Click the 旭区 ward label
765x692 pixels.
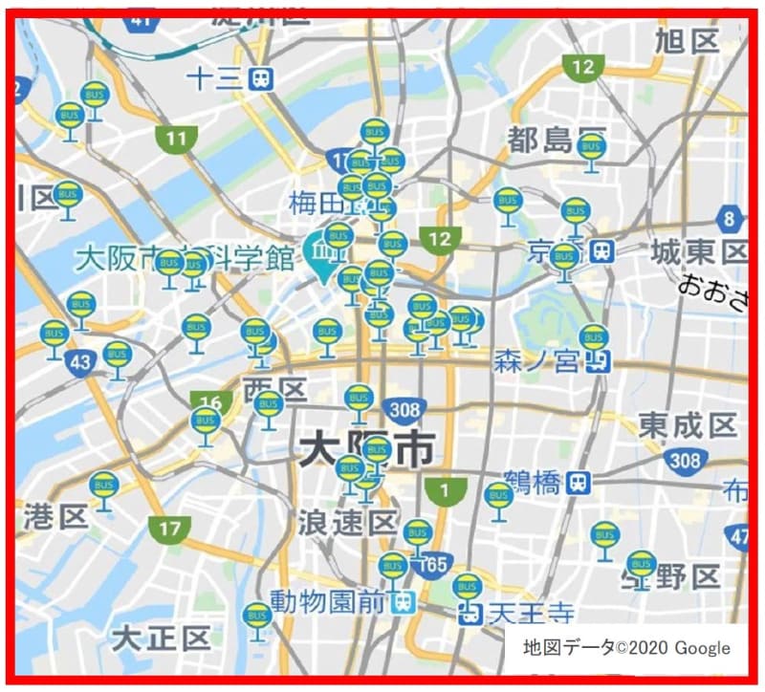tap(687, 40)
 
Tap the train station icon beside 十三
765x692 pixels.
tap(259, 78)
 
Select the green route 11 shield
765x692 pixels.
tap(176, 139)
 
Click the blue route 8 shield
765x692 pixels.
tap(732, 219)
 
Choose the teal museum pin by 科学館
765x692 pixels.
tap(318, 250)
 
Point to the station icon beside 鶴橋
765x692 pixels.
tap(577, 483)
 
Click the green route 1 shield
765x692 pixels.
tap(443, 491)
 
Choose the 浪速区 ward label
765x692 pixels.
tap(347, 523)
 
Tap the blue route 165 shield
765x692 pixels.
tap(435, 565)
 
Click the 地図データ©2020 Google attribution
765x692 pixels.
tap(626, 647)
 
